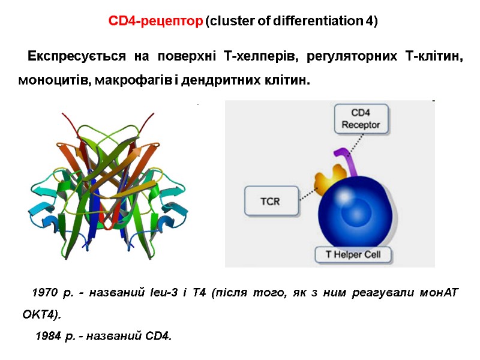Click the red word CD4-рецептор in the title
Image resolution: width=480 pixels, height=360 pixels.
[155, 22]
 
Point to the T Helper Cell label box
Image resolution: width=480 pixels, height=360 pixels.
[353, 255]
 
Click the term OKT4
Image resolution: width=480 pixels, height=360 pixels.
[40, 314]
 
